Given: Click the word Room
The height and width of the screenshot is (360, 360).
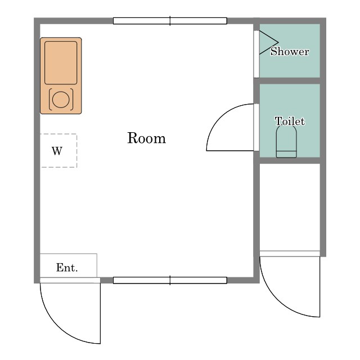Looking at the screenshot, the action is tap(146, 138).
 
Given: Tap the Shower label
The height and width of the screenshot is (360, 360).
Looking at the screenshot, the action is tap(290, 51).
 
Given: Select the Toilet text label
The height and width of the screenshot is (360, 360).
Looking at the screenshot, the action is tap(290, 121).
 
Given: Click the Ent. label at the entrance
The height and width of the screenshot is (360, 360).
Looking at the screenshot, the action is tap(67, 268).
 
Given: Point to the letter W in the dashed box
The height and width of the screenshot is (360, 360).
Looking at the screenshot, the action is tap(57, 151).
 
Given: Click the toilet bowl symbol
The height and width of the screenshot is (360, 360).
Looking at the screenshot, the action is tap(286, 141).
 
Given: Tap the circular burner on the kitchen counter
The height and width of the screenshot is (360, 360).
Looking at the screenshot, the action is tap(61, 100).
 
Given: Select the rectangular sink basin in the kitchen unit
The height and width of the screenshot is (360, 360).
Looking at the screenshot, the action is tap(61, 62).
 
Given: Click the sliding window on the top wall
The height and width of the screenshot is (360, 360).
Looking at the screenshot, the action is tap(170, 21).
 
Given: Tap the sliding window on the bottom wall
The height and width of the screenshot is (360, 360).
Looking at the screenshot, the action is tap(170, 280).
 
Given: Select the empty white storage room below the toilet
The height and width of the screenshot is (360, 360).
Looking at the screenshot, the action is tap(290, 207).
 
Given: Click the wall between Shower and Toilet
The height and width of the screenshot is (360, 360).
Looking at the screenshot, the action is tap(290, 81).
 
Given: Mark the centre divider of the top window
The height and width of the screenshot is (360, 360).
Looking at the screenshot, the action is tap(170, 21).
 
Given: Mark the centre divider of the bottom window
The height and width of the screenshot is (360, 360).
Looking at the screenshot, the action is tap(170, 280).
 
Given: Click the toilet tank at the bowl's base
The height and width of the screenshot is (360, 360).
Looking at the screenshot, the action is tap(286, 154).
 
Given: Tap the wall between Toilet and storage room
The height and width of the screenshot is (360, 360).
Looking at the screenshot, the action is tap(290, 160).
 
